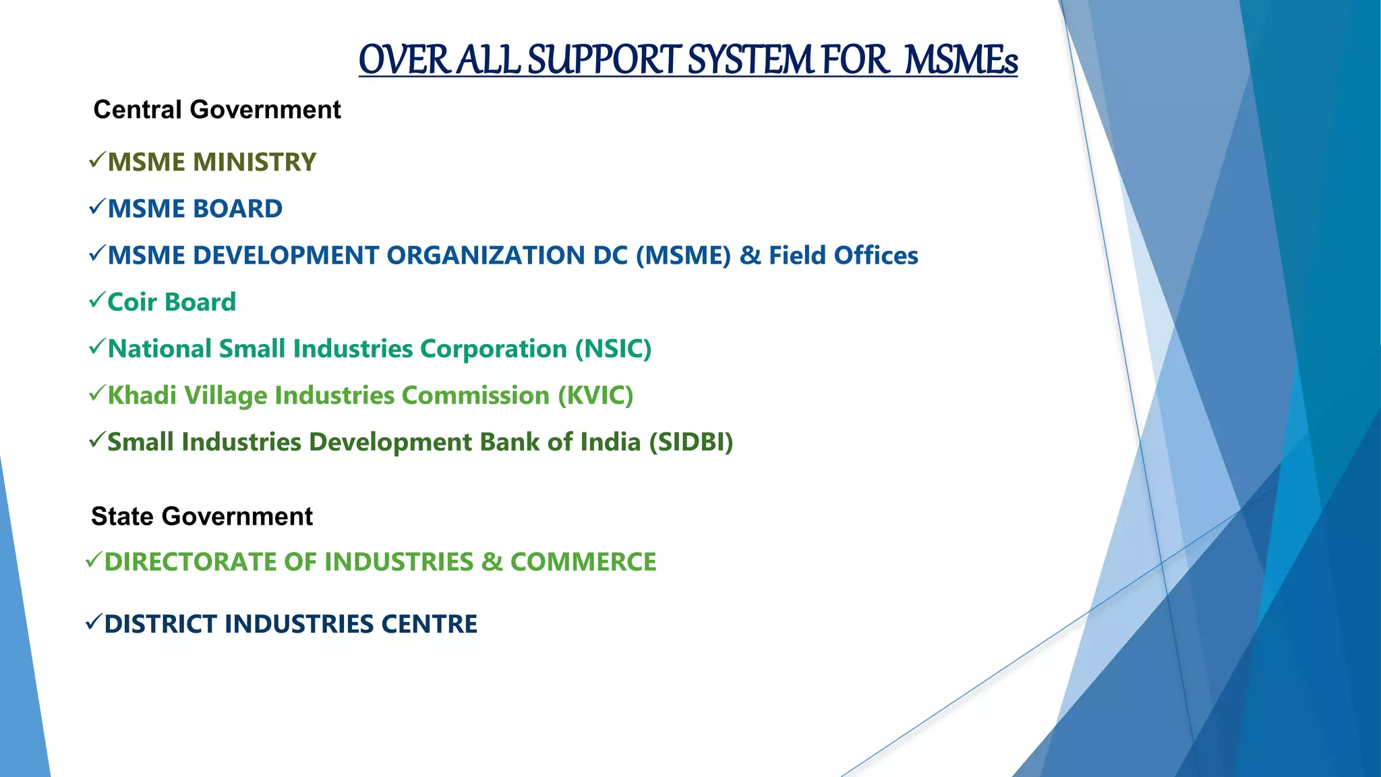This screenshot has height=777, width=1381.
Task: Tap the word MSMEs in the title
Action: point(960,60)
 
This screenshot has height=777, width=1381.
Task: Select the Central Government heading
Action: point(217,110)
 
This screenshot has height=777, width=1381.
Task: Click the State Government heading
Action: point(202,517)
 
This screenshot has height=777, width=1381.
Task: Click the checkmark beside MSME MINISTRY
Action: point(96,161)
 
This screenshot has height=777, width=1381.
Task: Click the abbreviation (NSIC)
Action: point(613,349)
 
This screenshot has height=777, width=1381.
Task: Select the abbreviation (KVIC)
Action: point(595,396)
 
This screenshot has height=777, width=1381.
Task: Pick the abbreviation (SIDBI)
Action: point(690,442)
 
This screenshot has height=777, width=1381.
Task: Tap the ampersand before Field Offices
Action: point(749,256)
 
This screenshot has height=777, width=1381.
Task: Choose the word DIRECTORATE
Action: point(189,562)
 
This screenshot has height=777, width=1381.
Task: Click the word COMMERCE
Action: point(583,562)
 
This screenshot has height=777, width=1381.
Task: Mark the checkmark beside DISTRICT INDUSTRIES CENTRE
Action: point(94,622)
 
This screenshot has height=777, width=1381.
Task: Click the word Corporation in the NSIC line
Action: point(493,349)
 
